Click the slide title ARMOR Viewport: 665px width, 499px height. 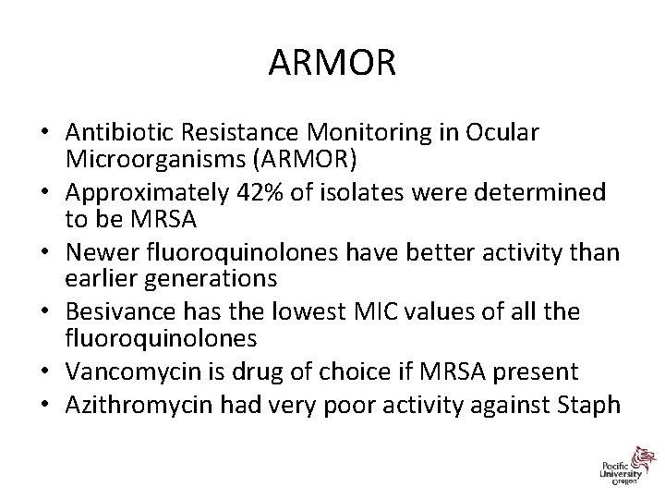(332, 64)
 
